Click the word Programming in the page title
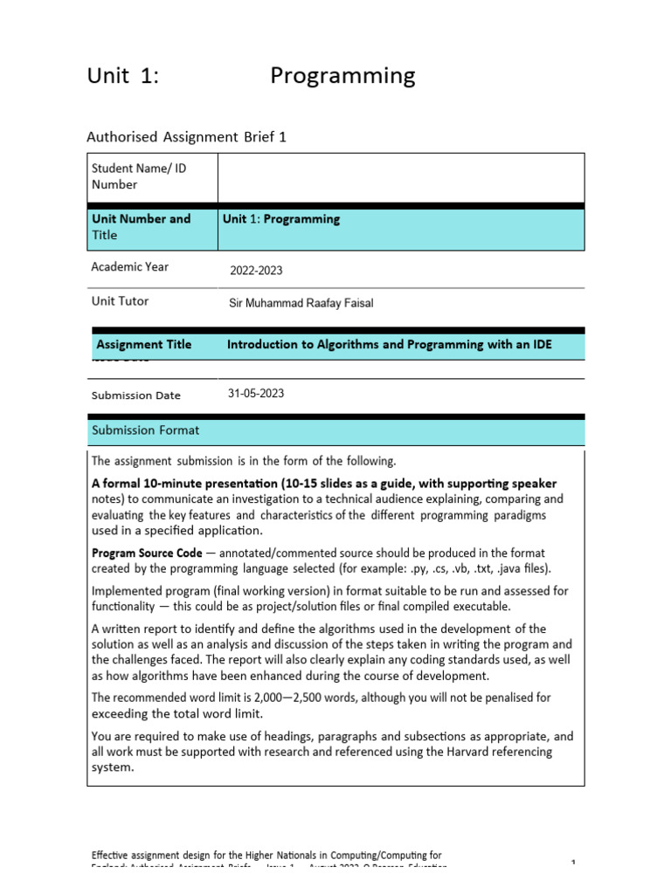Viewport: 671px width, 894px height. tap(342, 77)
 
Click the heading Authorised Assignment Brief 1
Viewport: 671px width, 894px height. tap(186, 136)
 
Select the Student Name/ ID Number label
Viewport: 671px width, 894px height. tap(139, 175)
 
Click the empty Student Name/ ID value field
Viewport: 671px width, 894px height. tap(400, 177)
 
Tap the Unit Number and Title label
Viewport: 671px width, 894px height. tap(141, 227)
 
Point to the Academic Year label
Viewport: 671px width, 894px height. tap(130, 267)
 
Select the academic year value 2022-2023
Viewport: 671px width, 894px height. tap(257, 271)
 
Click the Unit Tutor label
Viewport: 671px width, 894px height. tap(120, 301)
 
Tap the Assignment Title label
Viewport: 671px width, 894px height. tap(143, 344)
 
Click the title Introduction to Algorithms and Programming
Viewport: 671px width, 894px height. tap(389, 345)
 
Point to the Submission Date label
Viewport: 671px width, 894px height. tap(135, 395)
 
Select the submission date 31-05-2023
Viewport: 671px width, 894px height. tap(256, 394)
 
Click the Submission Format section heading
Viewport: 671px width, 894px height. tap(145, 430)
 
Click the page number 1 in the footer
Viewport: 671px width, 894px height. tap(573, 863)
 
